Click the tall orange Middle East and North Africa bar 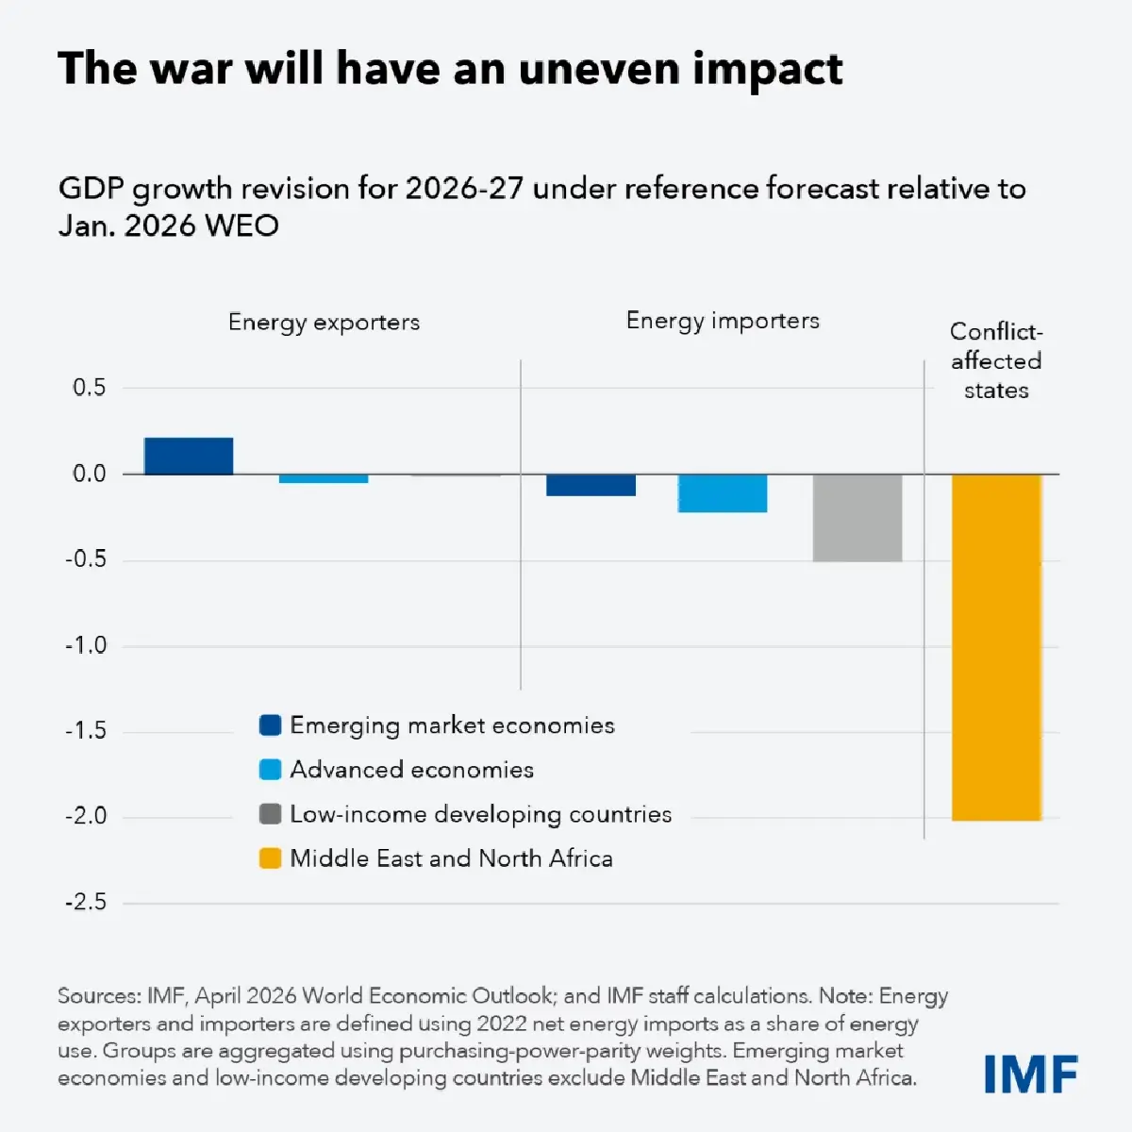[x=996, y=647]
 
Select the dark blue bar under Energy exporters [x=189, y=457]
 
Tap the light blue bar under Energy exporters [x=324, y=478]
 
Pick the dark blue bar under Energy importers [x=591, y=485]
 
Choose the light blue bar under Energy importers [x=723, y=493]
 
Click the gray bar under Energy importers [x=857, y=518]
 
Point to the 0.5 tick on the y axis [x=90, y=388]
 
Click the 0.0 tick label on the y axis [x=90, y=474]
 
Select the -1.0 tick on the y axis [x=86, y=645]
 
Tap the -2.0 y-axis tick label [x=86, y=816]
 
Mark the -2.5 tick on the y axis [x=86, y=902]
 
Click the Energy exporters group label [x=324, y=323]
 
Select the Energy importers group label [x=723, y=321]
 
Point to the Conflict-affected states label [x=996, y=360]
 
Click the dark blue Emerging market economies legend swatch [x=271, y=725]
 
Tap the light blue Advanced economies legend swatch [x=271, y=770]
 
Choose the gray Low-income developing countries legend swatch [x=271, y=814]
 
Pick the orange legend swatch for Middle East [x=271, y=858]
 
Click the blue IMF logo [x=1030, y=1074]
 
